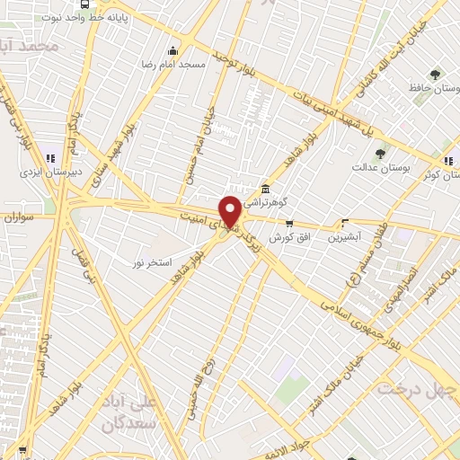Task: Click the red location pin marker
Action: pyautogui.click(x=230, y=211)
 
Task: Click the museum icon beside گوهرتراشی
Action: pyautogui.click(x=264, y=190)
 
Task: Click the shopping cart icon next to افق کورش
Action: pyautogui.click(x=289, y=222)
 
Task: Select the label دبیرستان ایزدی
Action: pyautogui.click(x=50, y=170)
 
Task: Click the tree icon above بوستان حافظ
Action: pyautogui.click(x=435, y=75)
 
